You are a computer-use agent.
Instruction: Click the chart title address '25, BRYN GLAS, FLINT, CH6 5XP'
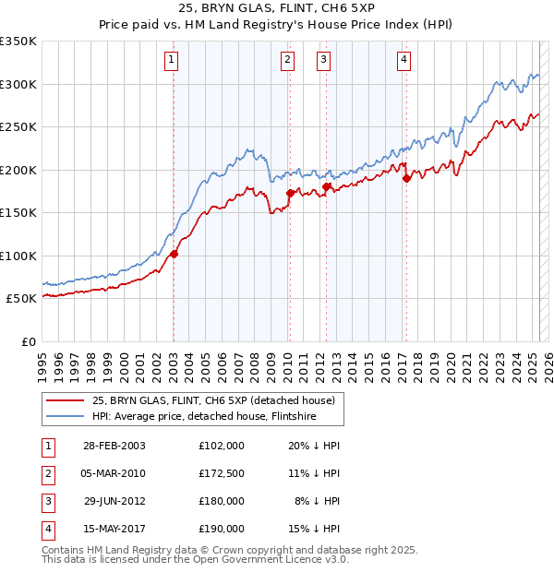point(276,10)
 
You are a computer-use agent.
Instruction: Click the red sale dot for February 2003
point(174,255)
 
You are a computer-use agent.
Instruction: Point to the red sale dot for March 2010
point(290,194)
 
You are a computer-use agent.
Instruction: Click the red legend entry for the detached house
point(219,399)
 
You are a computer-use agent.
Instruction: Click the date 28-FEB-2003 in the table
point(114,446)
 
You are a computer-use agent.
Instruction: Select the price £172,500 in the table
point(222,473)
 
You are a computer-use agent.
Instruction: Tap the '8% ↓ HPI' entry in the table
point(318,501)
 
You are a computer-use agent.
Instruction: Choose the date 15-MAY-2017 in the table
point(114,529)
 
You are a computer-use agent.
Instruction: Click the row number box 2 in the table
point(47,473)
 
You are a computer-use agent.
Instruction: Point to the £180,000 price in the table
point(222,501)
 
